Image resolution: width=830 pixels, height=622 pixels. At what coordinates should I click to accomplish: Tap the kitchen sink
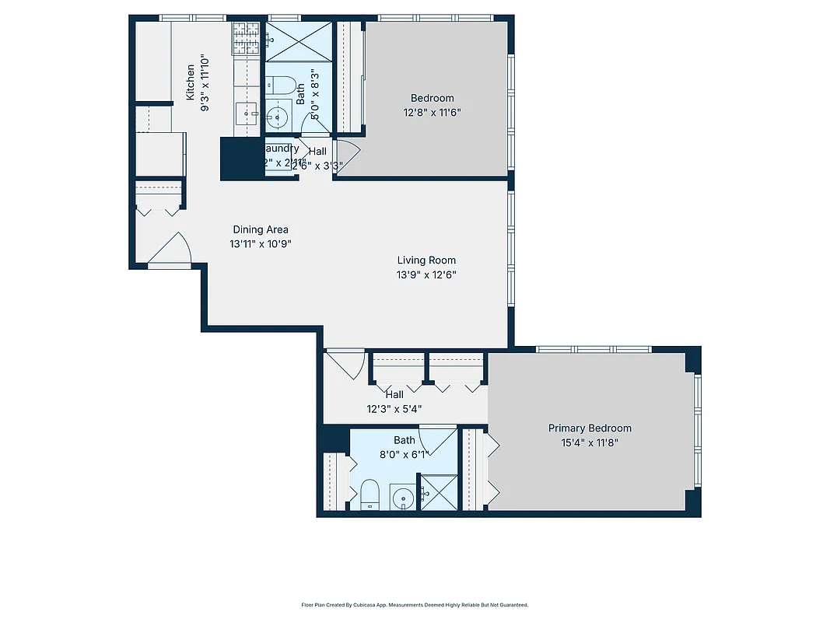(x=250, y=114)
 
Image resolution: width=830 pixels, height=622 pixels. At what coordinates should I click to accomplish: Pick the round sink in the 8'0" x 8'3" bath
(x=276, y=118)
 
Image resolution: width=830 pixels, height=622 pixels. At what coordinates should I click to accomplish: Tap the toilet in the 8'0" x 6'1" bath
(x=369, y=494)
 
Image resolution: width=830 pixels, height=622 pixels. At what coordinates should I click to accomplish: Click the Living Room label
(x=426, y=260)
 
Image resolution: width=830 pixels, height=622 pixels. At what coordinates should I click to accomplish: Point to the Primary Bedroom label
(x=590, y=428)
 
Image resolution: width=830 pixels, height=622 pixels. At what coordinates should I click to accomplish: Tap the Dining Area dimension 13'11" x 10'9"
(x=261, y=243)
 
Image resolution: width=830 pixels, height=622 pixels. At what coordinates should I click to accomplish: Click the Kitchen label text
(x=191, y=82)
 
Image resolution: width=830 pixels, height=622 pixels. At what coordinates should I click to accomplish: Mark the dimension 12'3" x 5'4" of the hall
(x=394, y=409)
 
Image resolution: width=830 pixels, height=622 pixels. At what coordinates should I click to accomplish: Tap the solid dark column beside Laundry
(x=242, y=159)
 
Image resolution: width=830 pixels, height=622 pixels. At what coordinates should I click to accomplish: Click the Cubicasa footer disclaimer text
(x=415, y=604)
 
